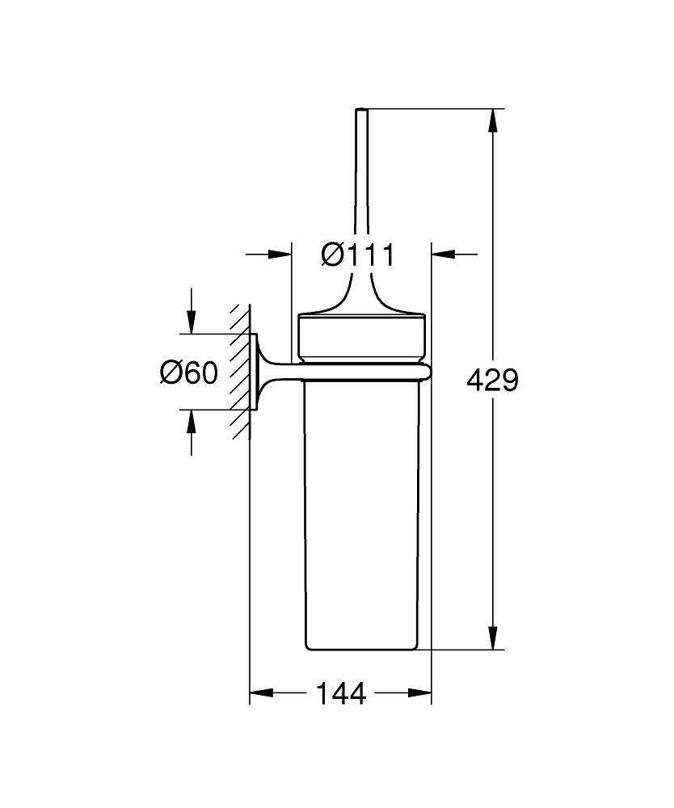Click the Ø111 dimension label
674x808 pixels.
357,255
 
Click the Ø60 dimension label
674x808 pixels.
189,372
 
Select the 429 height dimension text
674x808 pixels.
492,379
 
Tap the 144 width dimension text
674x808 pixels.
340,692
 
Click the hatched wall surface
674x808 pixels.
239,372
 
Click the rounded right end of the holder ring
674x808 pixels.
425,372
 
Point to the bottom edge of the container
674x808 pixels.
361,649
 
